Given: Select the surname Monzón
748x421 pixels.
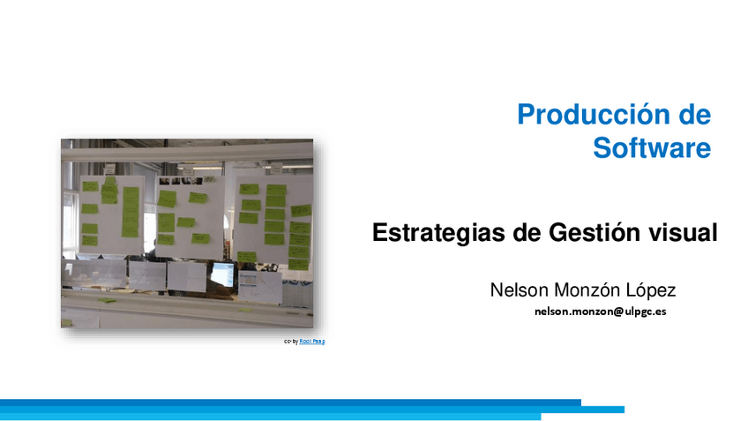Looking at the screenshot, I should click(x=588, y=289).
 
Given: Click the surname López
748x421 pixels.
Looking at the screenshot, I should click(x=651, y=289).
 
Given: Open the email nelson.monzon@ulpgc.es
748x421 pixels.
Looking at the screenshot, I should click(x=600, y=312).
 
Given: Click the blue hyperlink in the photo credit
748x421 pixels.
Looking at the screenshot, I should click(x=312, y=341).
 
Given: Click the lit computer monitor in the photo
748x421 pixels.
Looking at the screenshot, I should click(x=222, y=274).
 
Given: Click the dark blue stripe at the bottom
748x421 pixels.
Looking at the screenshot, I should click(x=291, y=402).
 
